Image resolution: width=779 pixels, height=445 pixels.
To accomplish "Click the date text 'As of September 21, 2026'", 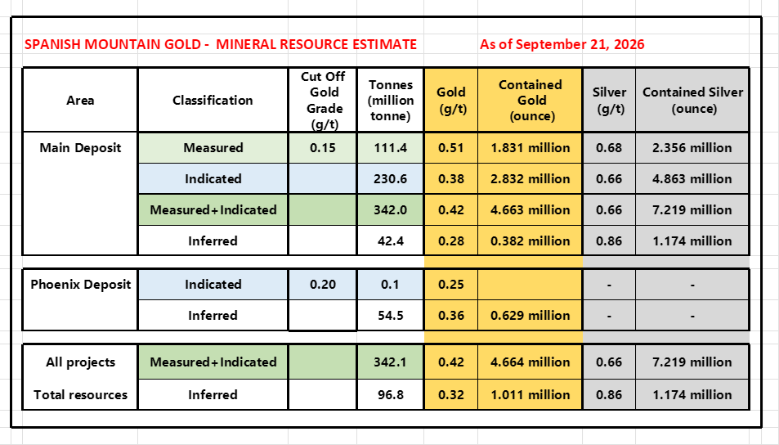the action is (x=562, y=44).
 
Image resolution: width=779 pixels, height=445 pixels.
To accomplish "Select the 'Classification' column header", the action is (x=213, y=100).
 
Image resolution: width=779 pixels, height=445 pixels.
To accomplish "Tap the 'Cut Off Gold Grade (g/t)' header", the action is (x=322, y=101).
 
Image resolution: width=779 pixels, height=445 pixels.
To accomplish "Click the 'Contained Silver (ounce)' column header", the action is (x=692, y=100).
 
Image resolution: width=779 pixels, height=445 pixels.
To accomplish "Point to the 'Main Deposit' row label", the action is (x=80, y=148).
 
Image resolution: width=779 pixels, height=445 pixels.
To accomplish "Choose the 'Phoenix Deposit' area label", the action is (x=80, y=285).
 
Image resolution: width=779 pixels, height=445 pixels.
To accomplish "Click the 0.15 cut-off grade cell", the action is (x=322, y=148).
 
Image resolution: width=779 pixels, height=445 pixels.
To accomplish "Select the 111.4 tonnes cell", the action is (x=391, y=148).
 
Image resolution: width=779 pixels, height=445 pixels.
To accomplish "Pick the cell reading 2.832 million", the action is (x=531, y=178).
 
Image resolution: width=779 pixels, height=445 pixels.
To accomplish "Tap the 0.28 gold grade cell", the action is (x=451, y=240).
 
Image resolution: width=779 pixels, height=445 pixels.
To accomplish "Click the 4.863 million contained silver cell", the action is (x=692, y=178).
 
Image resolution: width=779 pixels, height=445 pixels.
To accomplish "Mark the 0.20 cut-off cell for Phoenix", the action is (x=322, y=285).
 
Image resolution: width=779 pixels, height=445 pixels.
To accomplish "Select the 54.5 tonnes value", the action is (x=391, y=315).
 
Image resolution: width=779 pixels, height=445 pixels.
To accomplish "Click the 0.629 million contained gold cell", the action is (x=531, y=315).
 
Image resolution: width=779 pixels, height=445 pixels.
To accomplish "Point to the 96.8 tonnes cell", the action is (x=391, y=395).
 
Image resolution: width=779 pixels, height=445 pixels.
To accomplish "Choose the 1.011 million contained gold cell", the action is (x=531, y=395).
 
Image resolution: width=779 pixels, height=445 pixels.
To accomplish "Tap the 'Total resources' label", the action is (x=80, y=395).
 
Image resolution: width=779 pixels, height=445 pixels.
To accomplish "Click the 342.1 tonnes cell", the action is (x=391, y=362).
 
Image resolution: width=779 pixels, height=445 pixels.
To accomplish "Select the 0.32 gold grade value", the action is (x=451, y=395).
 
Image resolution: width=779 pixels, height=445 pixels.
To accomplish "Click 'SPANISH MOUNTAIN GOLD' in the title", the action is (x=112, y=44).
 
